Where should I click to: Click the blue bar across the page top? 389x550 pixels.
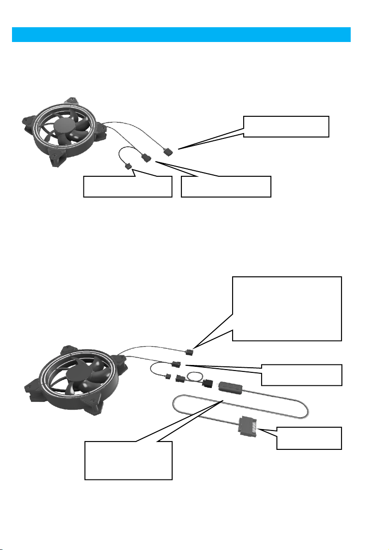(181, 35)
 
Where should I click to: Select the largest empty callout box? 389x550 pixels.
(287, 308)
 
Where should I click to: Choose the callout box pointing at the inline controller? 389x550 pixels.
(128, 460)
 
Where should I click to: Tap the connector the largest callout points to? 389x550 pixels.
(189, 352)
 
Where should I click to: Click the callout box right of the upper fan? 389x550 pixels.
(286, 126)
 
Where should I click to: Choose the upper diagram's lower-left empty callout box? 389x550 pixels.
(127, 186)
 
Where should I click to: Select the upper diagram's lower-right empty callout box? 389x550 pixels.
(226, 186)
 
